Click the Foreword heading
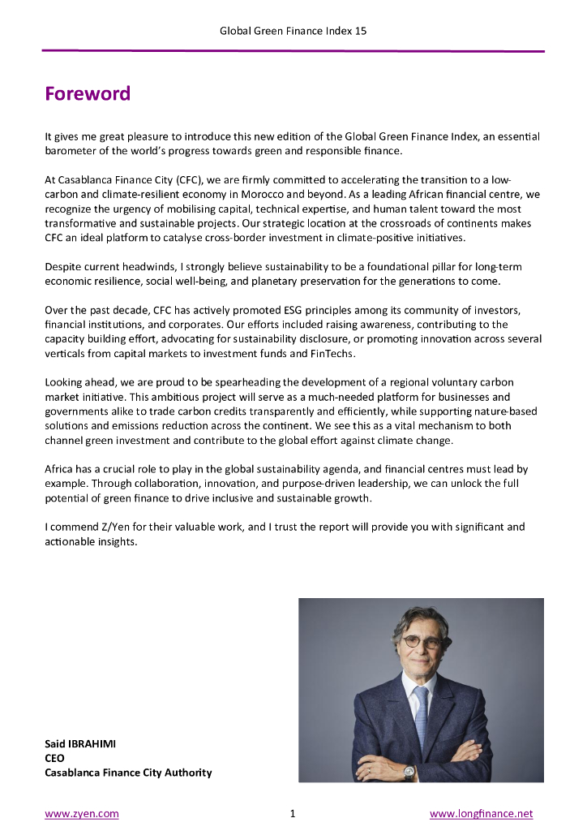88,94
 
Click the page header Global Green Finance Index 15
293,31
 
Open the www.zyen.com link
82,813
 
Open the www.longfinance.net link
481,813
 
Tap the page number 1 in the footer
292,813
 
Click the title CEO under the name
54,758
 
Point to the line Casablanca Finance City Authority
128,773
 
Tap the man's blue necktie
421,714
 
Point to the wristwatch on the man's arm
409,772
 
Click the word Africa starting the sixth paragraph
59,469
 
